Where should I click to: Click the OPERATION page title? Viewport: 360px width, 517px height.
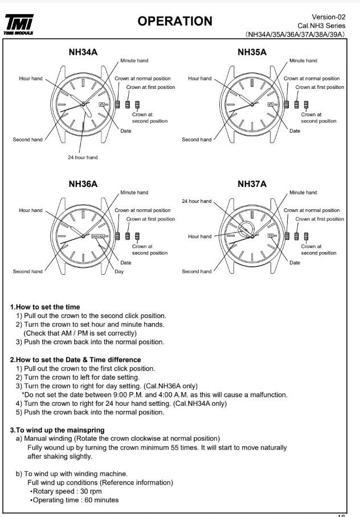[x=175, y=22]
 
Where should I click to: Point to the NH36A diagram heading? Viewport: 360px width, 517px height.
[x=83, y=184]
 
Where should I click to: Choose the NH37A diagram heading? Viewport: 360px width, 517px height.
[x=252, y=184]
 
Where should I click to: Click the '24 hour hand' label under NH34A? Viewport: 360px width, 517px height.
[x=83, y=157]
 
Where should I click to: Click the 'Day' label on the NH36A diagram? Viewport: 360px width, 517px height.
[x=119, y=271]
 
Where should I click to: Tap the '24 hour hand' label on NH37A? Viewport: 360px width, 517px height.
[x=197, y=201]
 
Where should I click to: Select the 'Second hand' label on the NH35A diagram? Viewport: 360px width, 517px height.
[x=197, y=140]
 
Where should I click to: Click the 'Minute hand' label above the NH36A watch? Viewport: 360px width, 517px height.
[x=134, y=193]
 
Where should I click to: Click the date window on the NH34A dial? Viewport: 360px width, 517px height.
[x=103, y=104]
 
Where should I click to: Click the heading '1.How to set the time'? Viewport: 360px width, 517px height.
[x=46, y=307]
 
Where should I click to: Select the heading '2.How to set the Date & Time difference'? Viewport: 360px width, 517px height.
[x=76, y=360]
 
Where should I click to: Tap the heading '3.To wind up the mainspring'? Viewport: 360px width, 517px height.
[x=58, y=429]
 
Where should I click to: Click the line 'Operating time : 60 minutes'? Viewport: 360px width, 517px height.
[x=75, y=500]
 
